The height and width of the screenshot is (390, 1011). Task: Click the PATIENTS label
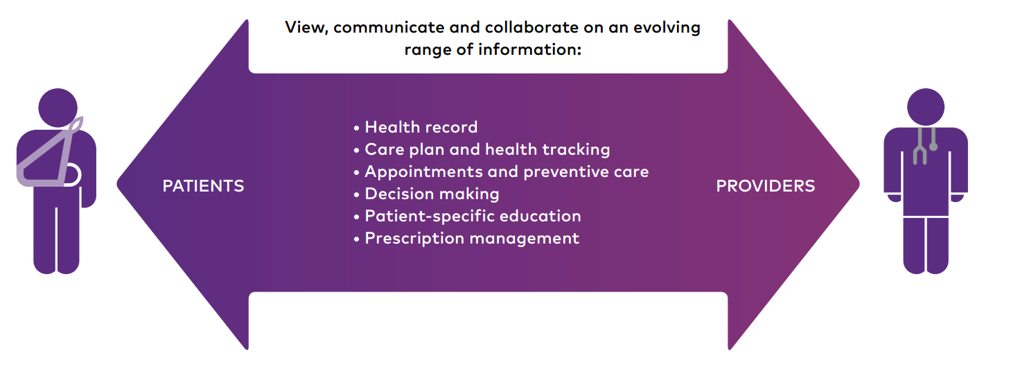tap(203, 186)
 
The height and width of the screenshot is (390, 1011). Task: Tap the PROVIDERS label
tap(766, 186)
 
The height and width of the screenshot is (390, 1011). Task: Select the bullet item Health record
tap(416, 127)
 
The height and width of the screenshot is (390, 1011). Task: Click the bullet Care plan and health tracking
tap(482, 150)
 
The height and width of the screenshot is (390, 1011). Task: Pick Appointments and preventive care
tap(501, 171)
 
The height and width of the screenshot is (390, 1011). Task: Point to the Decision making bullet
tap(427, 194)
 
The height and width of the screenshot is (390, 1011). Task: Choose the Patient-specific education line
tap(467, 216)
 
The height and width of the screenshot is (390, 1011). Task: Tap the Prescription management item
tap(466, 238)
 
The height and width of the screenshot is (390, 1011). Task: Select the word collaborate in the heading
tap(531, 28)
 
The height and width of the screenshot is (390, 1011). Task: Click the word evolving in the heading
tap(667, 28)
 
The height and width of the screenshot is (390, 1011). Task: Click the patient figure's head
tap(58, 108)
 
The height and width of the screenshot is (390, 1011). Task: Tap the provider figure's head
tap(926, 107)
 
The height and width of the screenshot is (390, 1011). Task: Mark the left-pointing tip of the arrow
tap(117, 184)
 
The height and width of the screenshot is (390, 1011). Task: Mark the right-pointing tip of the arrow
tap(859, 184)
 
